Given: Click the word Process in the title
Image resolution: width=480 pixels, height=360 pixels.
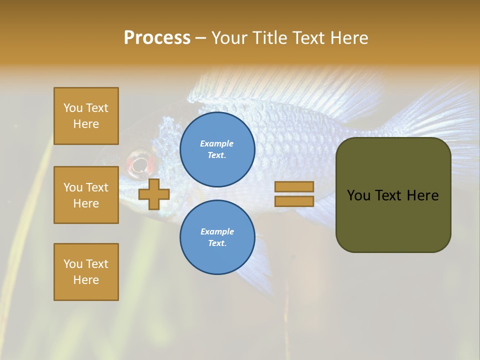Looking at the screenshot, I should (x=157, y=38).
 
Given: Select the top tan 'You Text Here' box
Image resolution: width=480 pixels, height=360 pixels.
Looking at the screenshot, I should (x=86, y=116).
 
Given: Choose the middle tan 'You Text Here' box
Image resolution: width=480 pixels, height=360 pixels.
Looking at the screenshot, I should (x=86, y=195).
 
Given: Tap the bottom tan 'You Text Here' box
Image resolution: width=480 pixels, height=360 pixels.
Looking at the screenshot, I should (x=86, y=272).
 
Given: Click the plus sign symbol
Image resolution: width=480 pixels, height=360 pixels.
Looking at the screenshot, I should (x=154, y=194).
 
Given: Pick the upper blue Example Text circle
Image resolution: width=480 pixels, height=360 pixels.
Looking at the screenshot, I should (x=217, y=149).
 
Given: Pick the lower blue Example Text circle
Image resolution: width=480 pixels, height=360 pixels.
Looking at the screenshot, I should (x=217, y=237).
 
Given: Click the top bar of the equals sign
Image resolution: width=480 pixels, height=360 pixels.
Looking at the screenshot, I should (x=294, y=186).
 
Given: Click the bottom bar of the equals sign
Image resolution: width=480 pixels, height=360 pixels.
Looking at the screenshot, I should (x=294, y=201).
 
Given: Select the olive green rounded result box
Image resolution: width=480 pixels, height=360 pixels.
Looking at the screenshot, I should (x=393, y=195).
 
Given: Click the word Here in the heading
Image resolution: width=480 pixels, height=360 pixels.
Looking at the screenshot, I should (x=348, y=38).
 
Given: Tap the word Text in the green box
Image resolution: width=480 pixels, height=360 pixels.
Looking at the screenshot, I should (x=390, y=195).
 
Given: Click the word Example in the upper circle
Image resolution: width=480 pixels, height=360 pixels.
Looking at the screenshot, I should (x=217, y=143).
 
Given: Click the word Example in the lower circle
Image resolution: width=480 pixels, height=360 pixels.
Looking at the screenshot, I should (x=217, y=231).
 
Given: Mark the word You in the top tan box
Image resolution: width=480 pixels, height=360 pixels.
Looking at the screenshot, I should (x=73, y=108).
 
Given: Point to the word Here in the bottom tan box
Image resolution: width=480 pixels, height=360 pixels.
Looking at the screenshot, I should (x=86, y=280).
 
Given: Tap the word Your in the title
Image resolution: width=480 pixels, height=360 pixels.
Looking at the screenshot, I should (x=229, y=38).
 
